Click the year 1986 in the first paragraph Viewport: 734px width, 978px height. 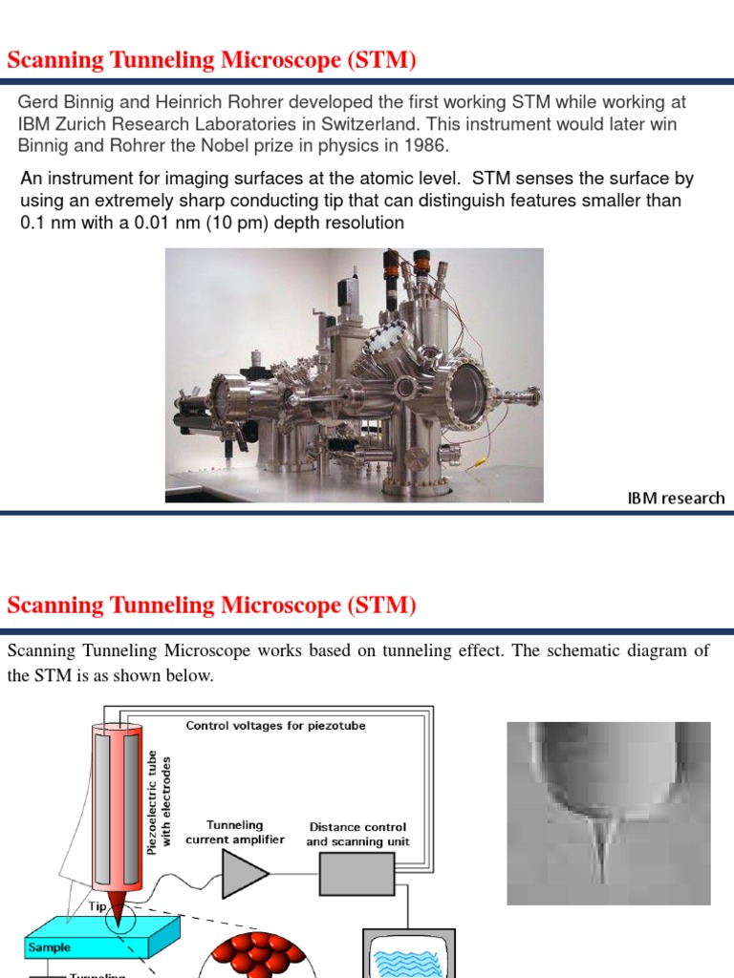(427, 145)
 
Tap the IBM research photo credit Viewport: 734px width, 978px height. (676, 498)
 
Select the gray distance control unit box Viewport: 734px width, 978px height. (356, 873)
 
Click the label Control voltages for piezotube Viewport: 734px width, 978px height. (275, 726)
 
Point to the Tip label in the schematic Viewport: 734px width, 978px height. (97, 906)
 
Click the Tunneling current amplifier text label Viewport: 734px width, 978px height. (234, 832)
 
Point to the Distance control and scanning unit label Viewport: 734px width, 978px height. (356, 834)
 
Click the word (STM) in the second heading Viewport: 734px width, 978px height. (381, 605)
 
